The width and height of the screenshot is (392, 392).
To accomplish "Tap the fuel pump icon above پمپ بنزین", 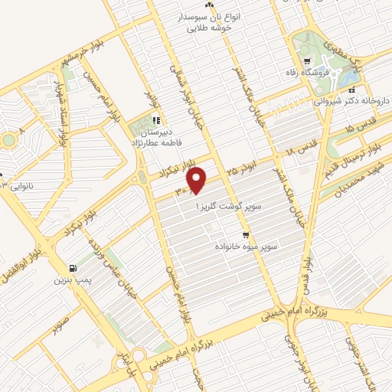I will pyautogui.click(x=73, y=268).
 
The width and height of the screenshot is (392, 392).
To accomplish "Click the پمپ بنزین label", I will pyautogui.click(x=67, y=280).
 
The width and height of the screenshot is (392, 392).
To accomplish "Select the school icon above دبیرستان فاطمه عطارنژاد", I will pyautogui.click(x=155, y=119).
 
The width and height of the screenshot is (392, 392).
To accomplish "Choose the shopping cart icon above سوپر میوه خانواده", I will pyautogui.click(x=246, y=235).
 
